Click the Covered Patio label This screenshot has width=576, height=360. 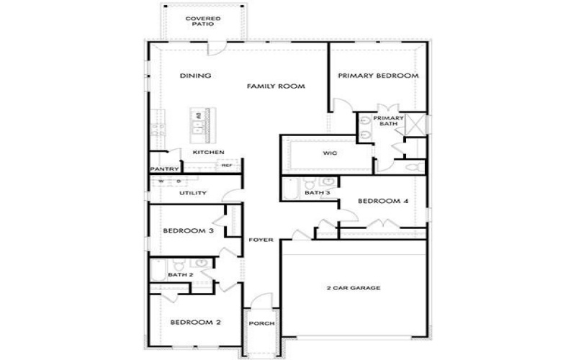202,21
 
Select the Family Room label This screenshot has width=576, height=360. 276,86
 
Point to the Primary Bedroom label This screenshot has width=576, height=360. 378,76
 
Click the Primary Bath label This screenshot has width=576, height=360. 388,121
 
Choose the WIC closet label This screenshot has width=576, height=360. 330,153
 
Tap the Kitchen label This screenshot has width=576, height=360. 209,153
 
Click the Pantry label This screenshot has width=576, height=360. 163,169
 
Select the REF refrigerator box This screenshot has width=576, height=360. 227,166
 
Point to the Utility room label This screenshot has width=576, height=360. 193,193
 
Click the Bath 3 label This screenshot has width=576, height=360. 318,193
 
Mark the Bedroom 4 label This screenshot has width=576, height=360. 383,201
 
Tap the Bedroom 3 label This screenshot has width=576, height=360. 187,231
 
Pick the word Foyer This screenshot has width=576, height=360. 261,239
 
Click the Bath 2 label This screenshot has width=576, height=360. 180,275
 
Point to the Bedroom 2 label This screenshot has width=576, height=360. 195,322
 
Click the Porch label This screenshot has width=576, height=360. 261,323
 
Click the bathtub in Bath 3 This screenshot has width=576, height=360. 289,189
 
